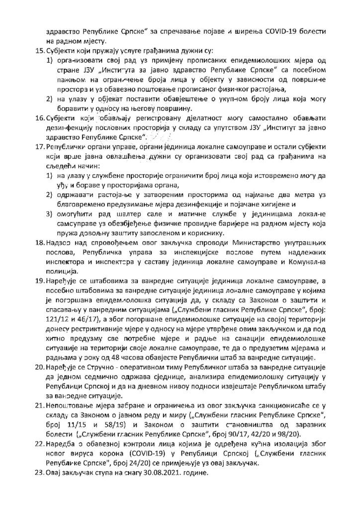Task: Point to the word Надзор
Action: [59, 242]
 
